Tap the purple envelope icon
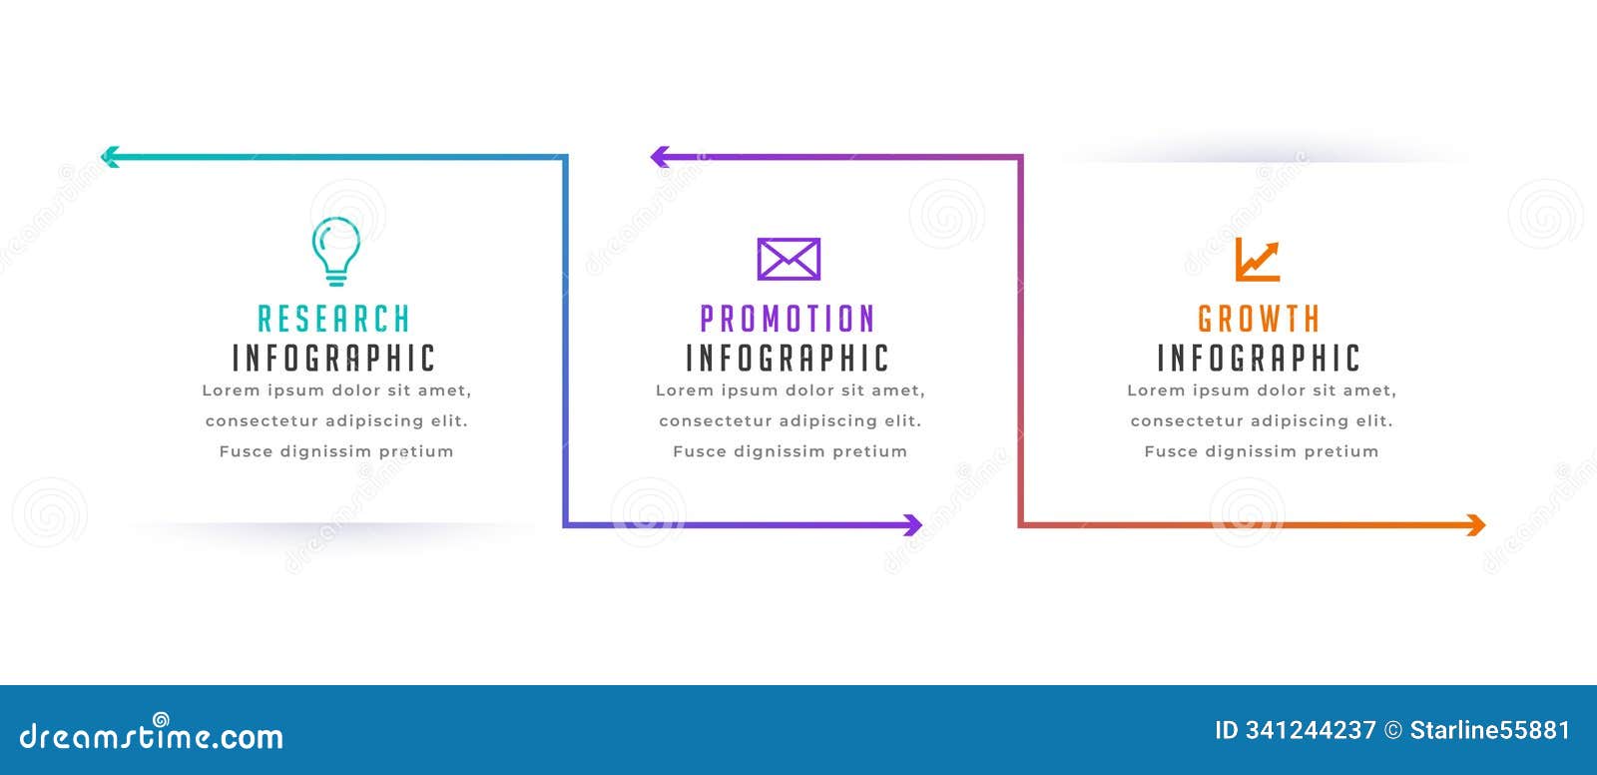coord(789,259)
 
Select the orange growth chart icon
coord(1257,260)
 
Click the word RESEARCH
coord(334,319)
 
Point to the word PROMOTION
coord(788,319)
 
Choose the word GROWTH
coord(1259,319)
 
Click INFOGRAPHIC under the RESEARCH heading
coord(334,358)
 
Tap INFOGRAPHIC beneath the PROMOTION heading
coord(788,358)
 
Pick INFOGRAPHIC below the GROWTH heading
coord(1259,358)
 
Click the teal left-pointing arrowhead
coord(110,156)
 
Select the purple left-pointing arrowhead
coord(660,156)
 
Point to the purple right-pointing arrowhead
coord(912,524)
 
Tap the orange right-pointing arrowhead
coord(1476,524)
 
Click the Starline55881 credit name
coord(1489,730)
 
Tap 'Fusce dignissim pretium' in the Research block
coord(336,451)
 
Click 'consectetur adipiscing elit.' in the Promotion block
coord(790,420)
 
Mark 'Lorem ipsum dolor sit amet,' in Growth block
coord(1262,390)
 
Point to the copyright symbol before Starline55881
coord(1392,730)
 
